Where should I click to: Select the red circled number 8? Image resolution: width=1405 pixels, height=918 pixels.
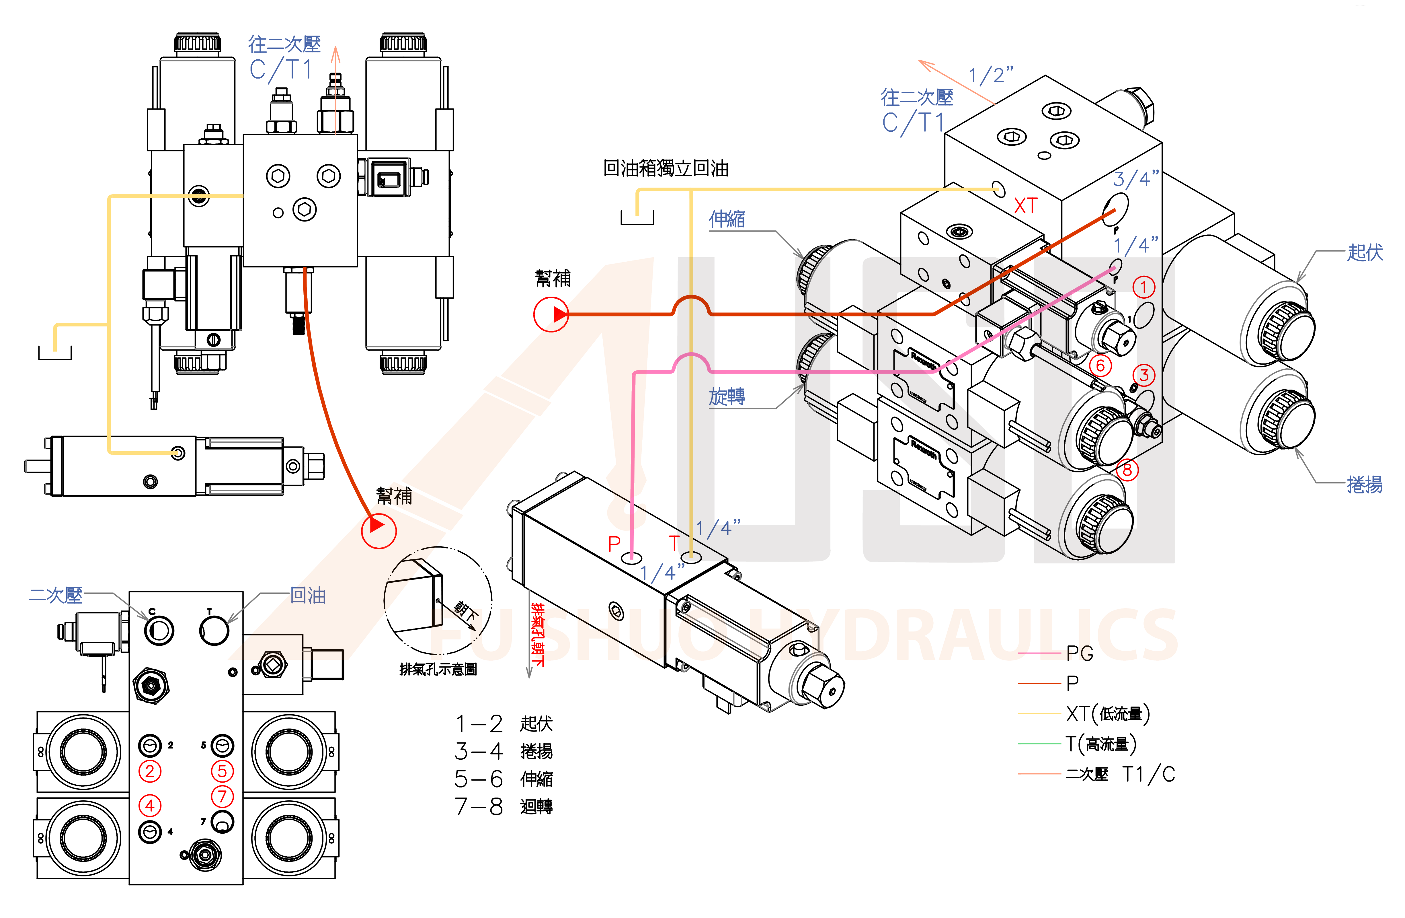(1127, 470)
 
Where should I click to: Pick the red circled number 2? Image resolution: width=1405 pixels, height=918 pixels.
(150, 771)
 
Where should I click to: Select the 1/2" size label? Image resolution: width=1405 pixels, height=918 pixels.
(991, 75)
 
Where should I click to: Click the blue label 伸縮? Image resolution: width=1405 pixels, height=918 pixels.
(727, 219)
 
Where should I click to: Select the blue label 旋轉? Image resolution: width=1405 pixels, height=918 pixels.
(727, 396)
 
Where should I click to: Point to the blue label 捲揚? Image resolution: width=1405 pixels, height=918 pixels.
(1364, 485)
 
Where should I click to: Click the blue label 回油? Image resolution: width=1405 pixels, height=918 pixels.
(308, 596)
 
